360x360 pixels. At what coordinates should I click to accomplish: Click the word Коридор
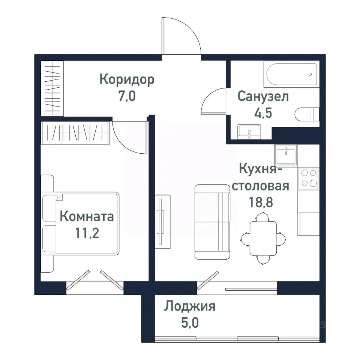tap(127, 79)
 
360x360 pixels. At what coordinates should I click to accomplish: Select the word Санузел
tap(263, 96)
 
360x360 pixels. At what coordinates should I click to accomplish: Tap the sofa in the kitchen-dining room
tap(212, 222)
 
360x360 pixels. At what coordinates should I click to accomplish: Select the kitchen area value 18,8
tap(260, 202)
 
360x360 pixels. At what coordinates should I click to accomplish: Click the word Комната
tap(87, 216)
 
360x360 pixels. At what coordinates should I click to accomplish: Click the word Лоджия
tap(189, 307)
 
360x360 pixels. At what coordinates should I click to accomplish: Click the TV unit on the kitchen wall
tap(162, 221)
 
